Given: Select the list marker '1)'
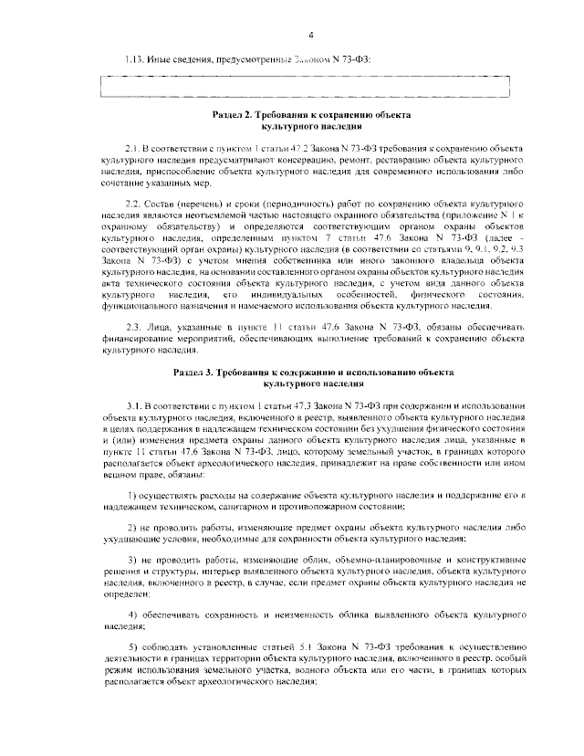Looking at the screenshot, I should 131,494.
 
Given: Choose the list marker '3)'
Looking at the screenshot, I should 131,558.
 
